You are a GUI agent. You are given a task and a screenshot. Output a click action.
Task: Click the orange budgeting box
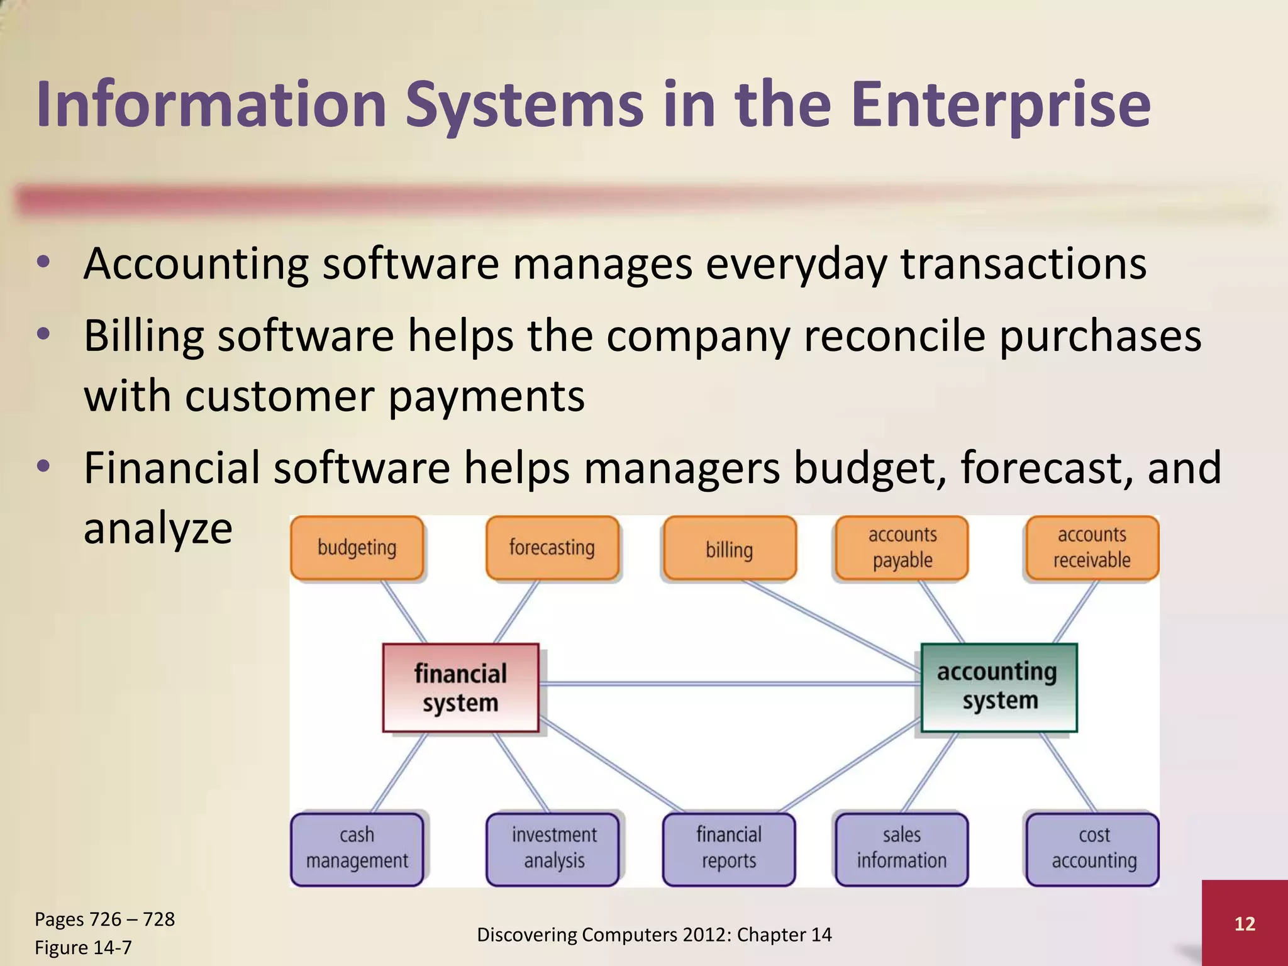pos(357,548)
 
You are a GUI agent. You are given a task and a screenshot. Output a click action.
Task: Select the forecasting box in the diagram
pos(552,548)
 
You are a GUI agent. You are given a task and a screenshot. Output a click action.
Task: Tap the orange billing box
pos(729,549)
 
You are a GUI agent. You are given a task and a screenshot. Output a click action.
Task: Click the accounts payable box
pos(902,548)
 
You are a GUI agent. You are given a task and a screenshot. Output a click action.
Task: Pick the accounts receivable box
pos(1092,548)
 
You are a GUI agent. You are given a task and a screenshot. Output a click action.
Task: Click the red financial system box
pos(460,687)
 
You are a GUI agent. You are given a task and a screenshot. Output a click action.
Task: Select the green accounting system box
pos(999,687)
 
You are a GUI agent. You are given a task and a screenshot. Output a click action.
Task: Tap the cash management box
pos(357,848)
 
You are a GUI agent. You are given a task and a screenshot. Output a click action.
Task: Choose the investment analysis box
pos(553,848)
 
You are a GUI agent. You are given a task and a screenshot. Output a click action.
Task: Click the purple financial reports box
pos(729,848)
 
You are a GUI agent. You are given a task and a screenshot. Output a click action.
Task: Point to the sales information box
pos(901,848)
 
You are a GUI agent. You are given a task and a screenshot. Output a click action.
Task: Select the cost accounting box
pos(1093,848)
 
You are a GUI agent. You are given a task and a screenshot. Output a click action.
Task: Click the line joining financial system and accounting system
pos(730,684)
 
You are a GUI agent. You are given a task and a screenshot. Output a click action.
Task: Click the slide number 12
pos(1245,923)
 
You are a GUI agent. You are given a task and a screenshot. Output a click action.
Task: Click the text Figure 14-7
pos(83,947)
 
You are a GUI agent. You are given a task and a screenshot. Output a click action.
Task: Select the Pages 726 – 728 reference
pos(104,919)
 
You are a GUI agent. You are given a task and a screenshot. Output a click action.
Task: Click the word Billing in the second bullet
pos(143,336)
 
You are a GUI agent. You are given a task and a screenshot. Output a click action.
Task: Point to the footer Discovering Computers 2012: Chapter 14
pos(654,935)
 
